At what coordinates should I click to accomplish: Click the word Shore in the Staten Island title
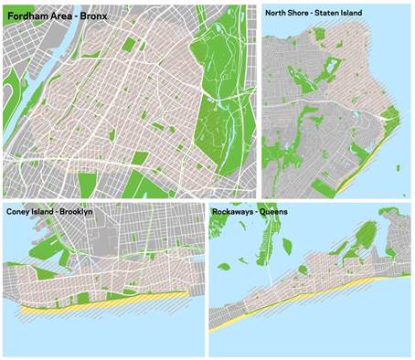[x=303, y=13]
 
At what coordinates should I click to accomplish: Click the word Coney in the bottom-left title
[x=19, y=212]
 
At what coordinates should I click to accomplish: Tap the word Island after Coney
[x=47, y=212]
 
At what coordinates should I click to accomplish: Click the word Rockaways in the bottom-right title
[x=235, y=212]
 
